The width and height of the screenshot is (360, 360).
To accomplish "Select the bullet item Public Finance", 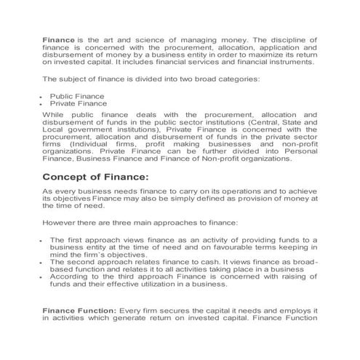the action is click(76, 96).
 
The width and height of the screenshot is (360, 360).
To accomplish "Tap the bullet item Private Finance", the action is click(77, 104).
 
